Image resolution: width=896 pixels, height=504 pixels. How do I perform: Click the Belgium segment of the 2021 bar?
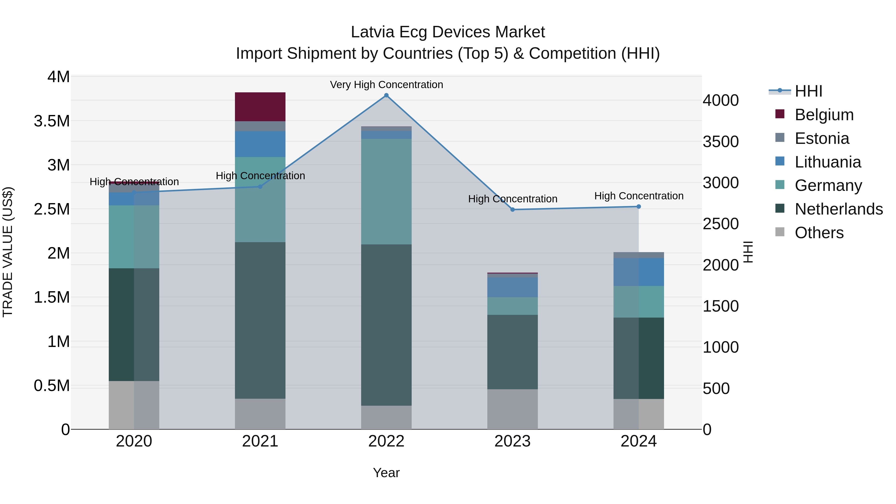click(260, 107)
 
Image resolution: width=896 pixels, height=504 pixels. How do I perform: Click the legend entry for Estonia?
click(821, 138)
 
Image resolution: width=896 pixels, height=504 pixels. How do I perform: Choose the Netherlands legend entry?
click(838, 209)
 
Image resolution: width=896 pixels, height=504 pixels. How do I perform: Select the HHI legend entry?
click(808, 91)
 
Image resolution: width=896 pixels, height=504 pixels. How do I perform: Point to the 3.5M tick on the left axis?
click(52, 121)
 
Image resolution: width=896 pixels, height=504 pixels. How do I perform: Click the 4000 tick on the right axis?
click(720, 101)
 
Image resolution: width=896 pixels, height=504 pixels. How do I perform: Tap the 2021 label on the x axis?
click(260, 441)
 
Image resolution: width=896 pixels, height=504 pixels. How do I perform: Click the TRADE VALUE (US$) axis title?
click(8, 252)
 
